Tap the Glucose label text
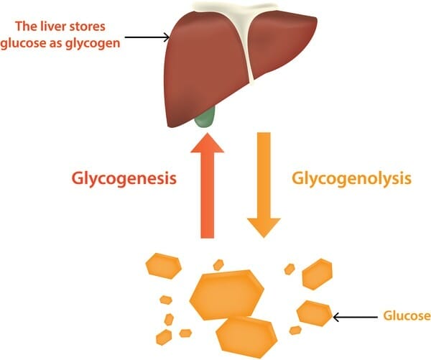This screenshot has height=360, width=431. pos(406,315)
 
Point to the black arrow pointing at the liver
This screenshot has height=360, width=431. pos(147,37)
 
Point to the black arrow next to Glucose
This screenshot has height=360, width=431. pos(354,315)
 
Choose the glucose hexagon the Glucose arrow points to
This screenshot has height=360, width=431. pos(313,313)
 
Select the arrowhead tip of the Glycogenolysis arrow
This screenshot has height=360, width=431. pos(264,234)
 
